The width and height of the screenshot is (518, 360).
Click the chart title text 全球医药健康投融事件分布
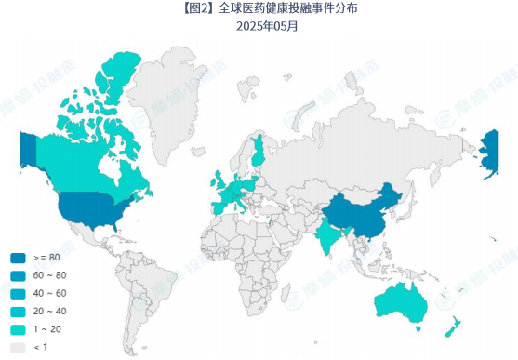tap(276, 8)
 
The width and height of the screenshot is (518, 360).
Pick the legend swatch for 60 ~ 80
tap(18, 275)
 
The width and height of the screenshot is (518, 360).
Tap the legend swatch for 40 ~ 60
tap(18, 293)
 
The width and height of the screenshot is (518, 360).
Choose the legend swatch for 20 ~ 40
tap(18, 311)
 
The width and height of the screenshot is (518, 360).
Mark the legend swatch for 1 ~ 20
tap(18, 328)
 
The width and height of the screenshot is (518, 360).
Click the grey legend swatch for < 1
tap(18, 347)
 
